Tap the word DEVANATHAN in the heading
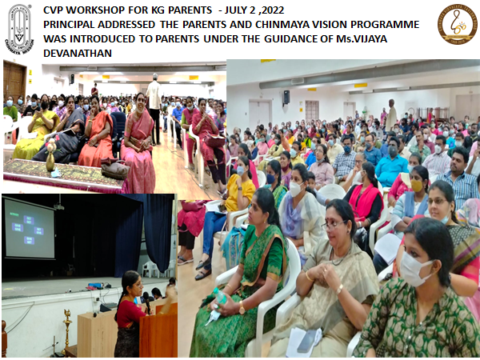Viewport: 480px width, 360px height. click(78, 54)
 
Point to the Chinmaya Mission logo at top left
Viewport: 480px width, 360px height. click(19, 29)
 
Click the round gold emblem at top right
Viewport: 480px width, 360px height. click(458, 25)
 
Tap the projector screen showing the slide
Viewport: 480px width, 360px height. click(30, 228)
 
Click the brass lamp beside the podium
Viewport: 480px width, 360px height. click(67, 330)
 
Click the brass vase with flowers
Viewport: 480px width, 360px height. click(50, 155)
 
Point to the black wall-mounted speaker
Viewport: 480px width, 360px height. click(286, 97)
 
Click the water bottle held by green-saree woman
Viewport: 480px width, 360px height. click(219, 296)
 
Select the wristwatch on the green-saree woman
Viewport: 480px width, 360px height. click(242, 308)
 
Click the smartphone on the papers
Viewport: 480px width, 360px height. click(306, 341)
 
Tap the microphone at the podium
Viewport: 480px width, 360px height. click(146, 302)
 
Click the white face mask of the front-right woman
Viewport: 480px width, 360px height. click(414, 268)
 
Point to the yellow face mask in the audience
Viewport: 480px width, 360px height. click(416, 186)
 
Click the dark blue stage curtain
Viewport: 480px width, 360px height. click(145, 233)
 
